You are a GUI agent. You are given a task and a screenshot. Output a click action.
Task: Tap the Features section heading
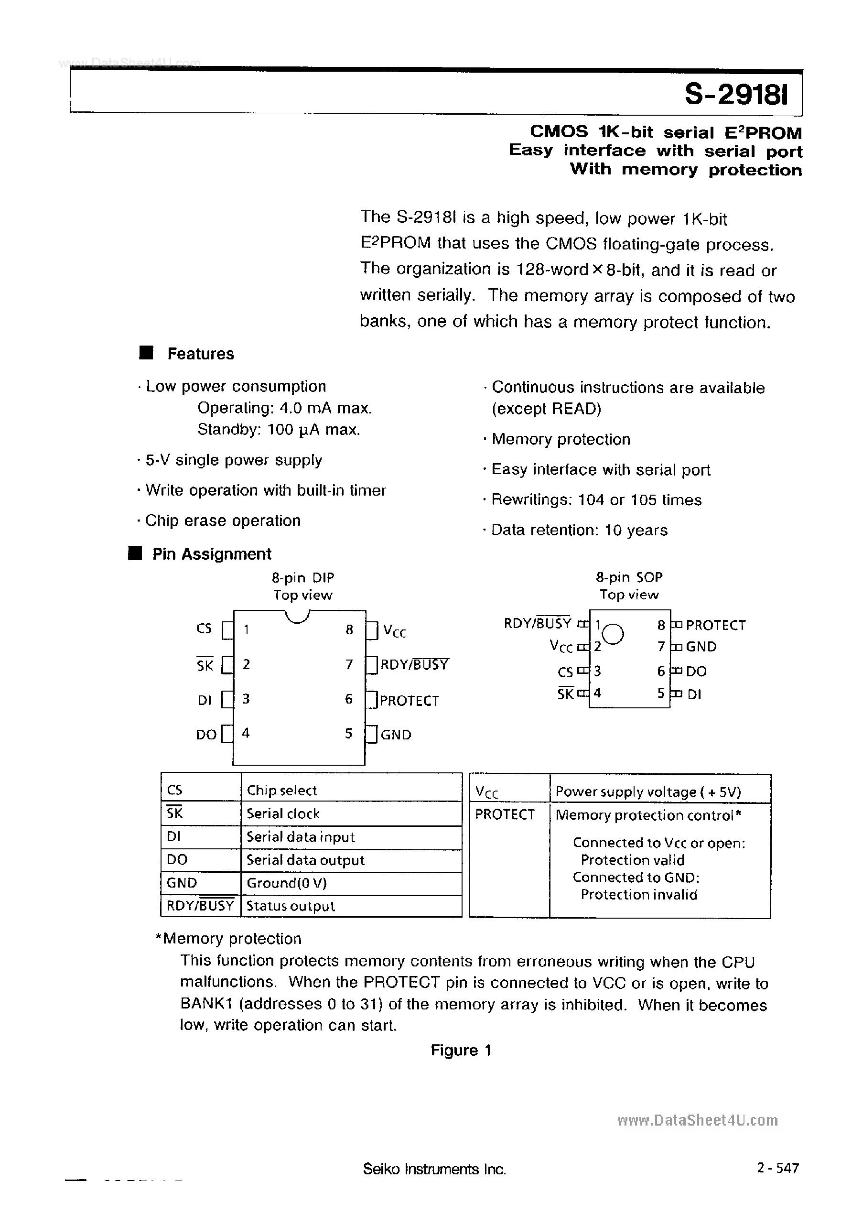pos(200,354)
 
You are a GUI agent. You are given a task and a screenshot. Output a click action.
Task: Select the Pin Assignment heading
pos(211,554)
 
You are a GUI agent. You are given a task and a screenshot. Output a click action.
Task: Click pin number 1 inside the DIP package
pos(246,629)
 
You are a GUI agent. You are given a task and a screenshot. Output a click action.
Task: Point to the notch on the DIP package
pos(298,617)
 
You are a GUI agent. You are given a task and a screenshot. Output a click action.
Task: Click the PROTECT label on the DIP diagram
pos(410,700)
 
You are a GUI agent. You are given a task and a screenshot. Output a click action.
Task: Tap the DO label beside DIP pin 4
pos(206,735)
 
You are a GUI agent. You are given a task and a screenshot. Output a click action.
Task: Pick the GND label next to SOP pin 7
pos(701,647)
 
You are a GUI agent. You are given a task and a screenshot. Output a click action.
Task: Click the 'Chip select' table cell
pos(281,790)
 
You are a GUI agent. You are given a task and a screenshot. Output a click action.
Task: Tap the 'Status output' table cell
pos(291,906)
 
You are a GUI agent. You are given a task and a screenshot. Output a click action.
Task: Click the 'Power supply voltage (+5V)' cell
pos(648,791)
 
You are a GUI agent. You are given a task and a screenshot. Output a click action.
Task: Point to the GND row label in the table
pos(182,883)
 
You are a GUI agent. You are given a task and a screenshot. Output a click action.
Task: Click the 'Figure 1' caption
pos(461,1050)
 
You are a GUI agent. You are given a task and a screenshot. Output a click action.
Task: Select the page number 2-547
pos(778,1168)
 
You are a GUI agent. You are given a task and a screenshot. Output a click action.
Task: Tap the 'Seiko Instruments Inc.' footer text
pos(434,1169)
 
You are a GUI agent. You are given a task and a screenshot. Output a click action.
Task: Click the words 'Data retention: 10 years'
pos(579,530)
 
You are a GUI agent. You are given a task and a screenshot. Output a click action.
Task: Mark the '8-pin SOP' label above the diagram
pos(629,577)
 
